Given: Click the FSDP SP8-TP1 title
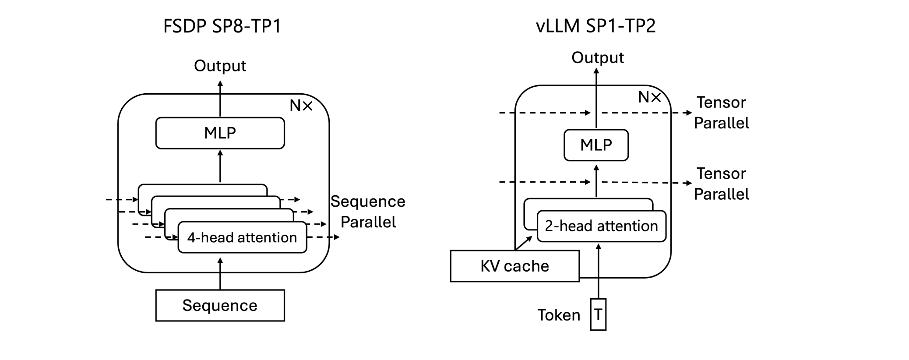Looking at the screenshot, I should pos(222,26).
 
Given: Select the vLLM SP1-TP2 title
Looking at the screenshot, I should pos(595,26).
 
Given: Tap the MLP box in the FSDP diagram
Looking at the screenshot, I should pos(220,133).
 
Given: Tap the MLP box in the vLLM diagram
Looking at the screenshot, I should pos(596,145).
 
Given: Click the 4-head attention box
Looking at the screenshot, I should pos(242,237).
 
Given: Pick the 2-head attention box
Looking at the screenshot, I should pos(601,226).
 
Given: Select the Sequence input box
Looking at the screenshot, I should pos(220,305).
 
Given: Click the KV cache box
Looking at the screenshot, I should pos(514,266).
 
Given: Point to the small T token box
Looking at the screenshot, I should pos(598,314).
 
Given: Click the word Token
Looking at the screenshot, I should pos(559,315).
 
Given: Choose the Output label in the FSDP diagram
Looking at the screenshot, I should pos(220,66).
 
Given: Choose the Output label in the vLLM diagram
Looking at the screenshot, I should pos(598,57).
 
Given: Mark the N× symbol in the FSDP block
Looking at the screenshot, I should pos(301,106).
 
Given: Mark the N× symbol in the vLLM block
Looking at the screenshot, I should pos(649,97).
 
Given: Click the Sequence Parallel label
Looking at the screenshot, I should pos(368,212).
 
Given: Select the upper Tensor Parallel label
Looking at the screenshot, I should pos(721,113).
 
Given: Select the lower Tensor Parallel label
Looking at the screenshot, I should pos(721,184).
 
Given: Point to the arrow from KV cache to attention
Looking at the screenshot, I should pos(524,243).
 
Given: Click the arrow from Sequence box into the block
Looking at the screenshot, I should pos(220,274).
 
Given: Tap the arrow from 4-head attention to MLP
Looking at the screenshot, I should pos(220,166).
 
